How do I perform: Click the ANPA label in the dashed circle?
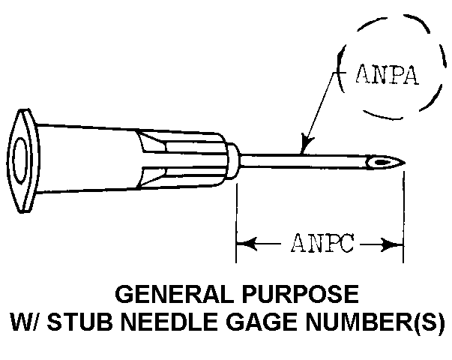coord(387,75)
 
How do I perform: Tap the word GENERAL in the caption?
coord(175,294)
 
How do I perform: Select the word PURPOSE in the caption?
coord(300,294)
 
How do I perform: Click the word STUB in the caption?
coord(80,322)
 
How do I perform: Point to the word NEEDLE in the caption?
coord(171,322)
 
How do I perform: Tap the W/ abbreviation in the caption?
coord(26,322)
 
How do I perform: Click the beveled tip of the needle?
coord(403,163)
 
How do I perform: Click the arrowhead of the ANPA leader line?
coord(306,144)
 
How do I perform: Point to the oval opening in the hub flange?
coord(20,160)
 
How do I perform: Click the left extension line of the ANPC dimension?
coord(236,223)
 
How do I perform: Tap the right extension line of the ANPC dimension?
coord(403,217)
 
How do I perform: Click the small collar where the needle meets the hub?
coord(233,160)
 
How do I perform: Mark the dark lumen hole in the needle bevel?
coord(381,162)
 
